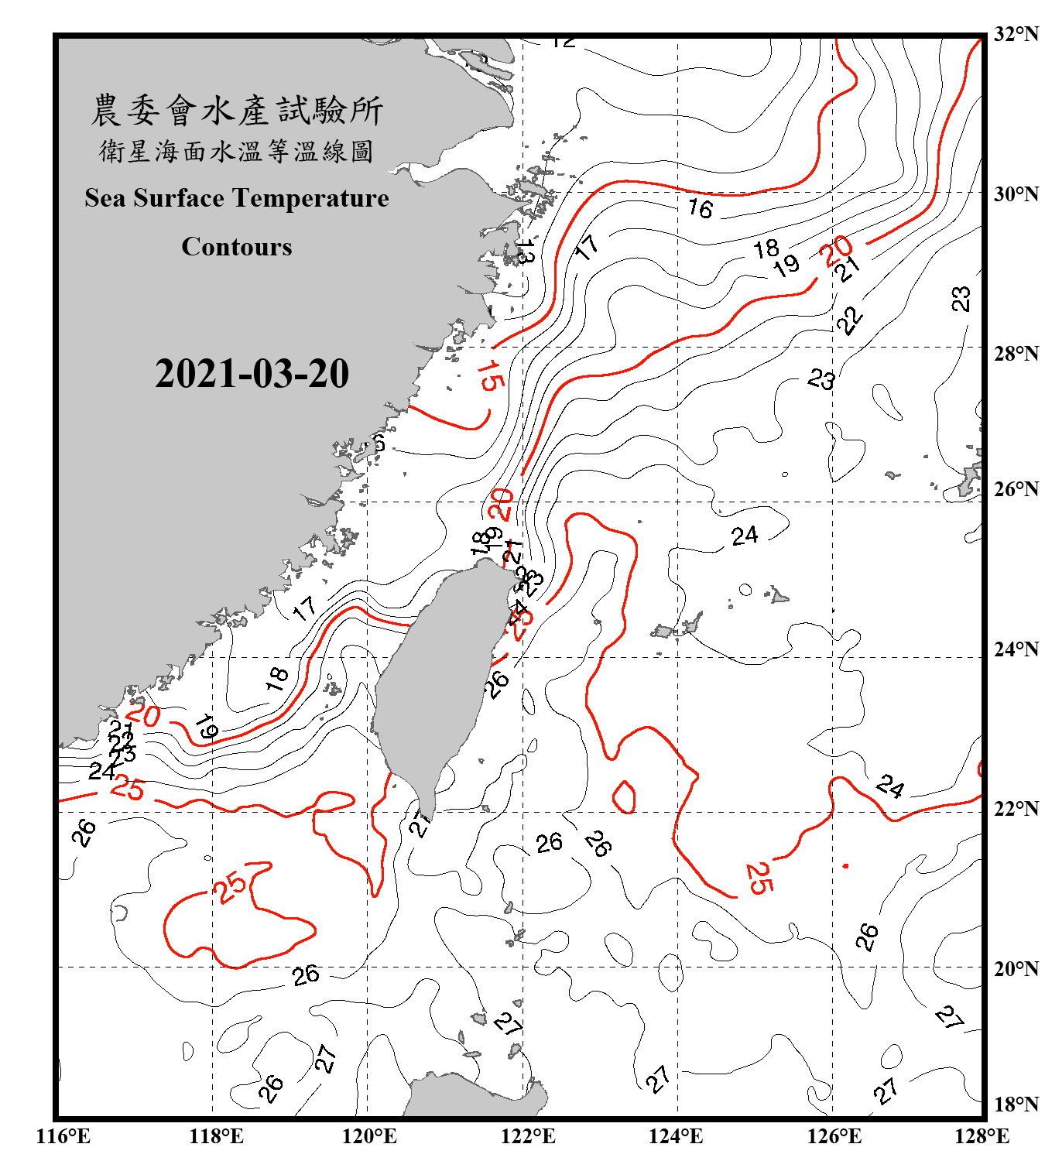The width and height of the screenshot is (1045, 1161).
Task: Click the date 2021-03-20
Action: point(252,374)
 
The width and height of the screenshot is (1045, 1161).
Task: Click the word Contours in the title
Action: point(236,247)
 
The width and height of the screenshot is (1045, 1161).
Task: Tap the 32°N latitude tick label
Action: point(1016,34)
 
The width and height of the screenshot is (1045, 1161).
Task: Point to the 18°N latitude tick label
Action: point(1016,1104)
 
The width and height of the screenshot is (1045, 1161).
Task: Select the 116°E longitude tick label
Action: point(63,1136)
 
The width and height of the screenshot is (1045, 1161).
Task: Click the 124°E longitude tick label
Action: point(676,1136)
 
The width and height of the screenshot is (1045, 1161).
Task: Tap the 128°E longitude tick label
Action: point(982,1136)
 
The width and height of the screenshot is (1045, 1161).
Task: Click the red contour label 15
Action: point(489,376)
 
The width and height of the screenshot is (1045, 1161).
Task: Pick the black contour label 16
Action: point(701,208)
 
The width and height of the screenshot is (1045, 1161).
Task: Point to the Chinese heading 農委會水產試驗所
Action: point(236,110)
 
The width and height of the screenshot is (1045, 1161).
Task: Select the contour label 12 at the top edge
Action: point(564,42)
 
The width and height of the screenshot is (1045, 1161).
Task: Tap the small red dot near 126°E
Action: point(845,865)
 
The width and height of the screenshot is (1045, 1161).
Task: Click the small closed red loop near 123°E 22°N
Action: point(624,797)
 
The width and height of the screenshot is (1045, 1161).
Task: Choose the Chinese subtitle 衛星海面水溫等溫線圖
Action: point(236,151)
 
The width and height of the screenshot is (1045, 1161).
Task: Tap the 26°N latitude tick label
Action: point(1016,489)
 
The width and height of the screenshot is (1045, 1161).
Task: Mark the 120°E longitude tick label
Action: point(369,1136)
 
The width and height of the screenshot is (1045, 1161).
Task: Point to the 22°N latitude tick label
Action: point(1016,809)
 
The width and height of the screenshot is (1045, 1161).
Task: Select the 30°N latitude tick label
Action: point(1016,193)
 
